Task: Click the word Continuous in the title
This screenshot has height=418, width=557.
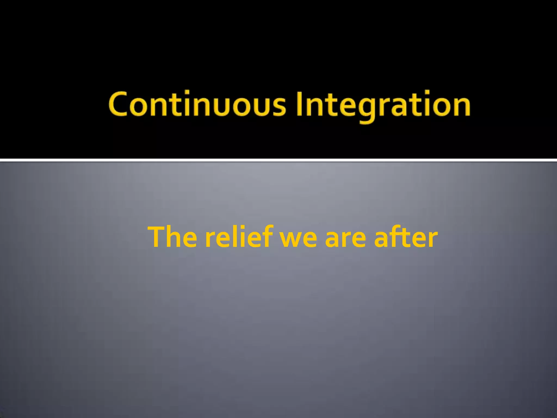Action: pos(197,104)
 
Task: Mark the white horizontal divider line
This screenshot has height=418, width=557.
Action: pos(278,160)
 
